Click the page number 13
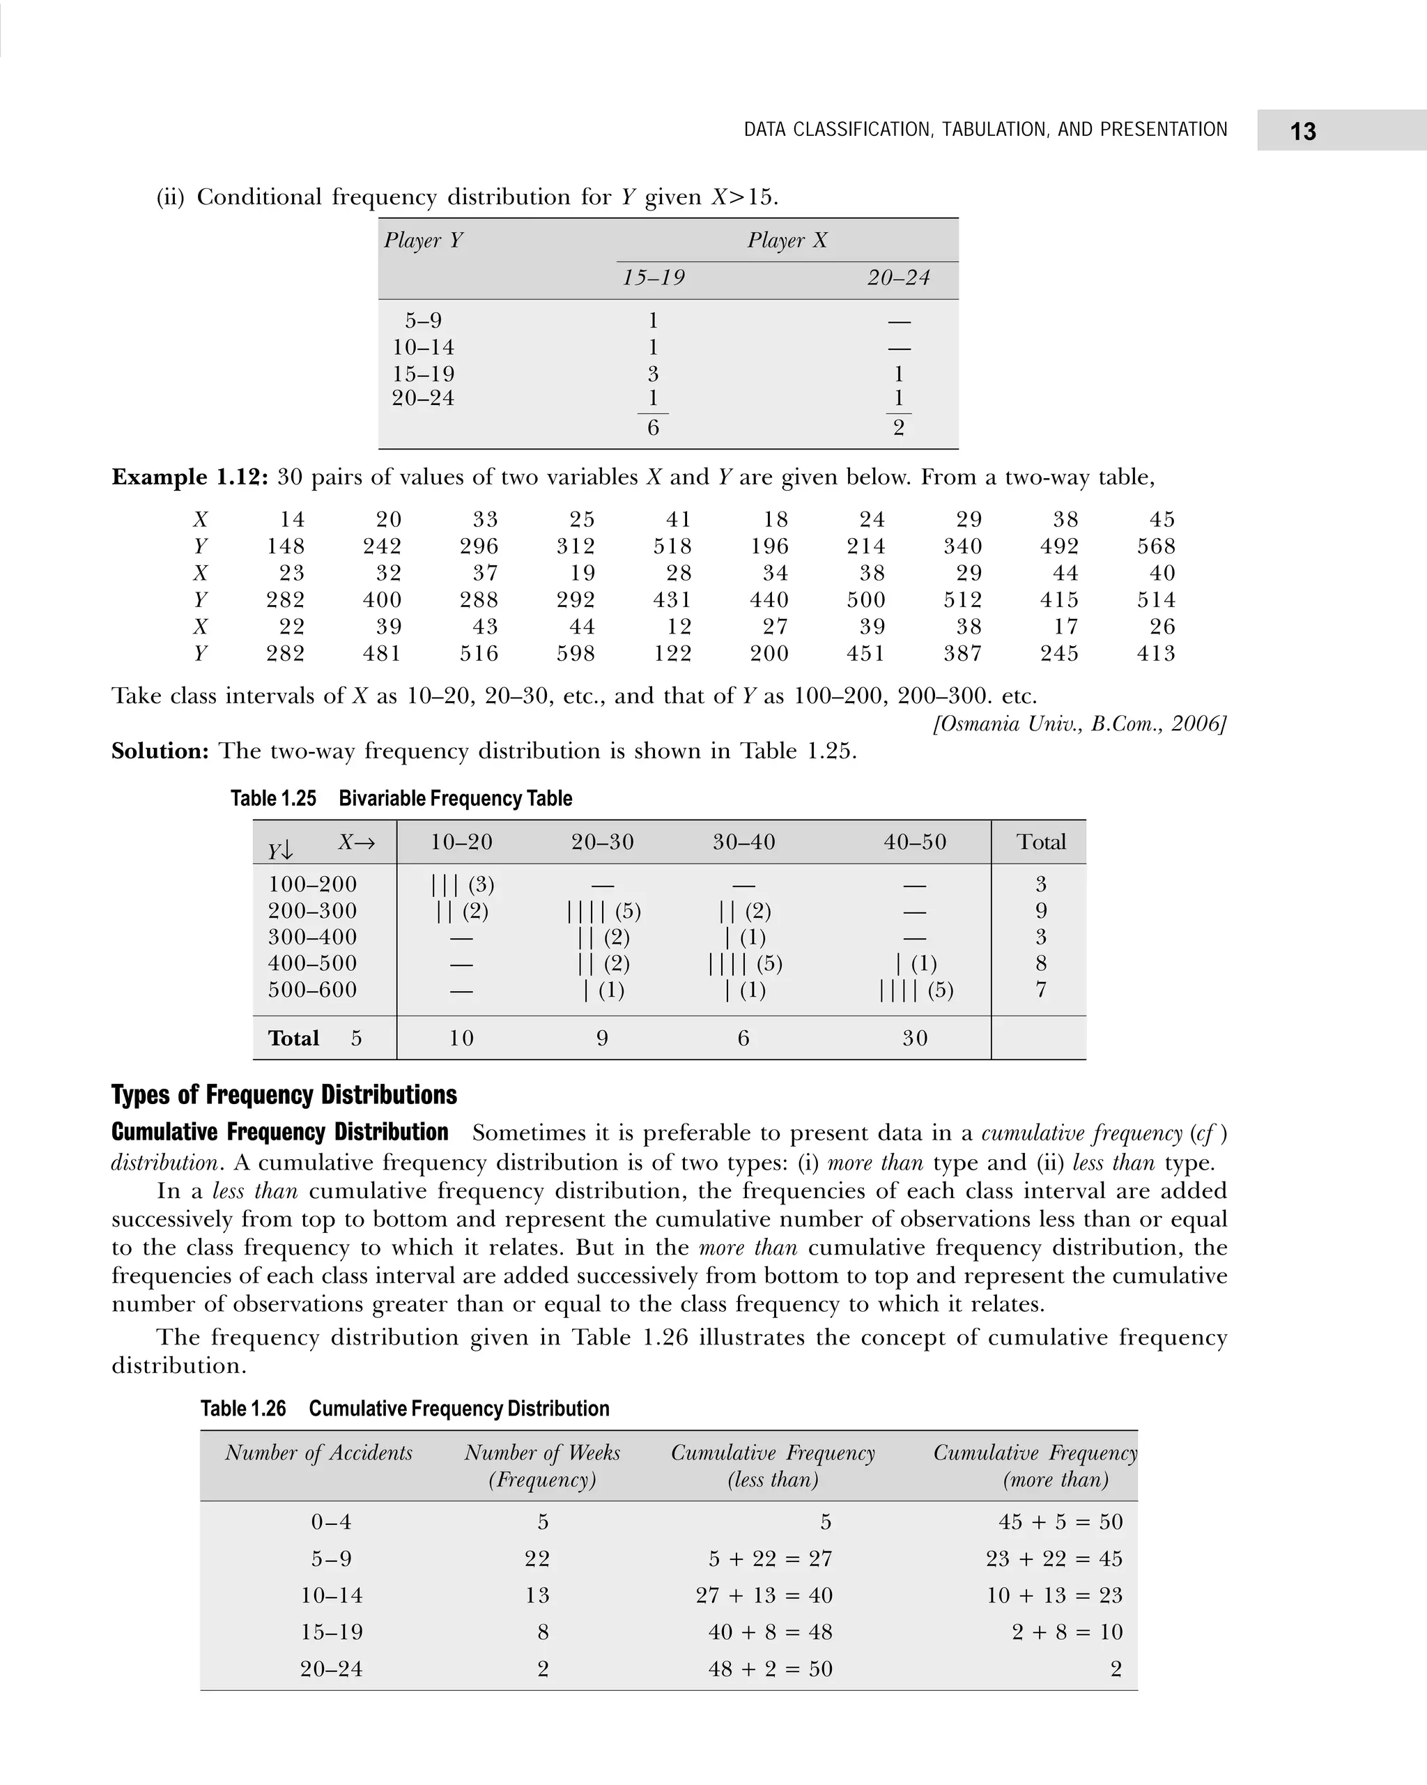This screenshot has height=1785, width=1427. click(x=1302, y=132)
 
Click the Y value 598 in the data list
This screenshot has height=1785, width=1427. click(x=576, y=654)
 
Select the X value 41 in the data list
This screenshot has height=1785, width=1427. click(x=678, y=520)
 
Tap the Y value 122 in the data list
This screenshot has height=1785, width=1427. click(x=672, y=654)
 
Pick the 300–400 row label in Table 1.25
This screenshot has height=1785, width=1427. click(x=312, y=937)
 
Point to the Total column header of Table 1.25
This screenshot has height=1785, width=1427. click(x=1040, y=842)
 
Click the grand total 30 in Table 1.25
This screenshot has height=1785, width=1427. click(x=915, y=1039)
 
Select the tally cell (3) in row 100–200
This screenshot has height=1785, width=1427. click(x=463, y=885)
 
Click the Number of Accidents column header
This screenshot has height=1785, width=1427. click(x=318, y=1453)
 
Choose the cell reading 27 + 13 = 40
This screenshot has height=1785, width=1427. click(x=763, y=1595)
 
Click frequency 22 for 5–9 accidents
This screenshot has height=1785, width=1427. click(x=537, y=1559)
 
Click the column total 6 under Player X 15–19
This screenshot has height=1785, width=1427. click(x=653, y=428)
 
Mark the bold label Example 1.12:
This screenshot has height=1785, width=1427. click(x=190, y=477)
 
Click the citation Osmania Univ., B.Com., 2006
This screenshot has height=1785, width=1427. click(x=1079, y=723)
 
